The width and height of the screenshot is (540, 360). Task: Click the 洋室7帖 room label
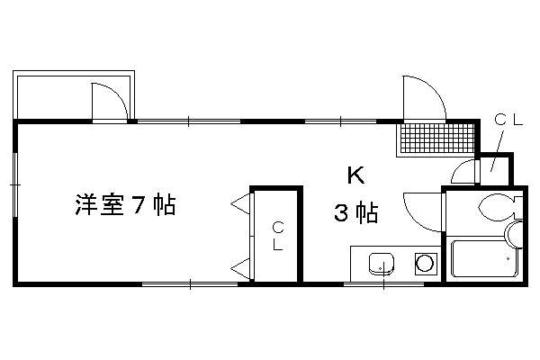pos(125,204)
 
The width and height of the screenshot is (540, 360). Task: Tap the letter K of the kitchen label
pos(355,175)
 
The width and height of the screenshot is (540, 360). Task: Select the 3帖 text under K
pos(356,212)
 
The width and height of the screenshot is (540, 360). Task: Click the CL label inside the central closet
pos(278,236)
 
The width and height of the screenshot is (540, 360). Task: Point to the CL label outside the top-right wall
pos(508,120)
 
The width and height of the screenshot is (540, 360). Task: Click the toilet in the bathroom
pos(500,207)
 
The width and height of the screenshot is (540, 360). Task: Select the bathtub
pos(485,258)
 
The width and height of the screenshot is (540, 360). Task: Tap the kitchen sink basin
pos(382,265)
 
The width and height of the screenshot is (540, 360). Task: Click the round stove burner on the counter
pos(425,265)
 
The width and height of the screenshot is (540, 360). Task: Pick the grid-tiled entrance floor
pos(436,138)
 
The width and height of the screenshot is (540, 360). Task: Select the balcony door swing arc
pos(117,94)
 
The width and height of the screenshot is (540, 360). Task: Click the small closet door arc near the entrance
pos(457,167)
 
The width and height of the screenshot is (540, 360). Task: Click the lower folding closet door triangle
pos(240,268)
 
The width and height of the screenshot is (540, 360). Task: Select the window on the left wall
pos(14,185)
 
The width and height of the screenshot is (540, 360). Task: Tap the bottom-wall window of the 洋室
pos(191,284)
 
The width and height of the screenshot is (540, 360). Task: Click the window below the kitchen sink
pos(384,284)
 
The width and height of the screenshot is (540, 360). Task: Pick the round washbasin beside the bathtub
pos(515,235)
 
